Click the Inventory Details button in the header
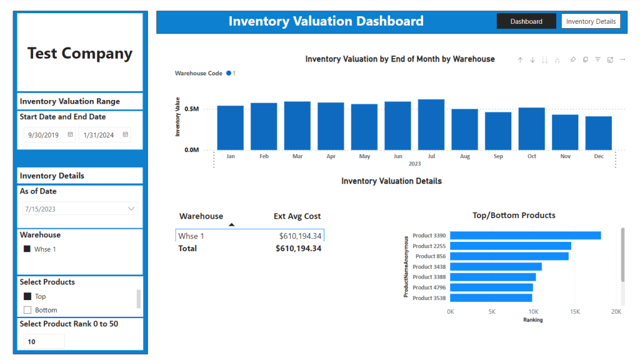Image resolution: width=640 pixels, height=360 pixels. click(x=591, y=21)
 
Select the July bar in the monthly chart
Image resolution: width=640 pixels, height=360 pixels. click(x=431, y=125)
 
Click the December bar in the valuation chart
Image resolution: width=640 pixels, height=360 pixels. click(x=598, y=134)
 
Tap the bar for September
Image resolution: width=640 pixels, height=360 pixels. click(x=498, y=131)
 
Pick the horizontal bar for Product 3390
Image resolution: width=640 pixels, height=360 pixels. click(x=525, y=236)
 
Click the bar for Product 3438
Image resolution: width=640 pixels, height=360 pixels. click(x=496, y=266)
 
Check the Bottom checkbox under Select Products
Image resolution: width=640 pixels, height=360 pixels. click(x=27, y=310)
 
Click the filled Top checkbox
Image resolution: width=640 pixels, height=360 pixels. click(x=27, y=296)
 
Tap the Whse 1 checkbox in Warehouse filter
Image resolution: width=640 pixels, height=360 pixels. click(x=27, y=249)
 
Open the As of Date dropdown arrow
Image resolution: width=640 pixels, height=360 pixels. click(x=131, y=209)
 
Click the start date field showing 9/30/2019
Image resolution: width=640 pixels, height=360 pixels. click(x=49, y=135)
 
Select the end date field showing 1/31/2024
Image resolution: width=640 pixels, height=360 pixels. click(x=104, y=135)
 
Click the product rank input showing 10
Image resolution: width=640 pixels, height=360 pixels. click(x=44, y=342)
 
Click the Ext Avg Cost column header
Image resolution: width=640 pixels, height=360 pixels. click(x=297, y=216)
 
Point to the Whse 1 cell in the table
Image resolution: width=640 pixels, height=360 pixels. click(x=191, y=236)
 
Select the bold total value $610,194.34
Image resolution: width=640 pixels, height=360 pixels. click(x=298, y=249)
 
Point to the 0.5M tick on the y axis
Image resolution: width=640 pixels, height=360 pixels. click(x=191, y=109)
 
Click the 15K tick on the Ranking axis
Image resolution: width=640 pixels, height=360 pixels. click(x=575, y=312)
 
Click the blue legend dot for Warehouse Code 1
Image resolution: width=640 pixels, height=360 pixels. click(x=229, y=73)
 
